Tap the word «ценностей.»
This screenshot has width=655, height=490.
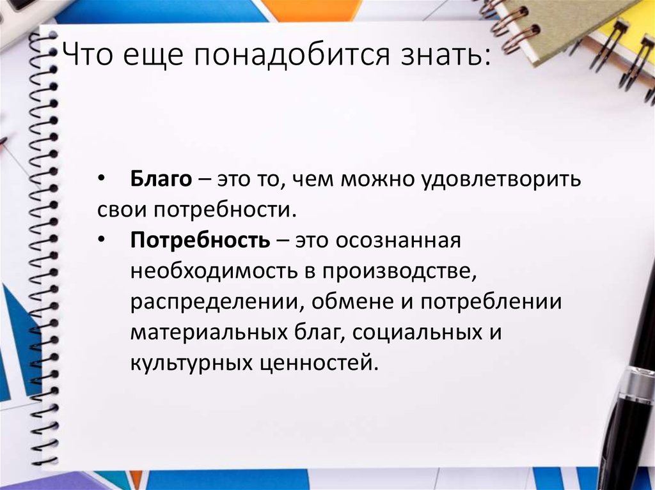pos(322,363)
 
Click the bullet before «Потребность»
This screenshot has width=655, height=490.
pos(103,240)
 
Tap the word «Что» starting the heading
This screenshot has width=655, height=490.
pos(83,57)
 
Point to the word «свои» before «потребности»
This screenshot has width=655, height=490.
pos(121,210)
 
